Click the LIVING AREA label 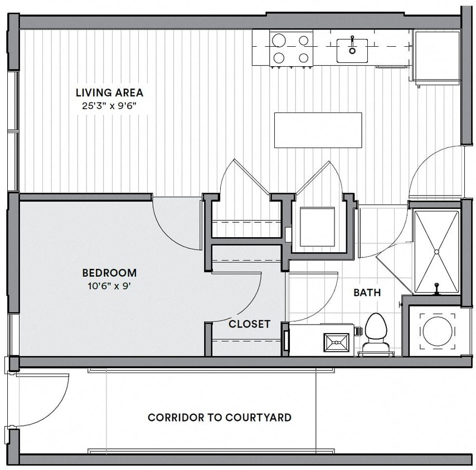tap(109, 92)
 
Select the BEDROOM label tap(109, 273)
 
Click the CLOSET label tap(249, 324)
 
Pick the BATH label tap(367, 292)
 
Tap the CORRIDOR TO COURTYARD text tap(219, 417)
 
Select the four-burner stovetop tap(290, 48)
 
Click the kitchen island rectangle tap(318, 130)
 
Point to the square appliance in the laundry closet tap(317, 227)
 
